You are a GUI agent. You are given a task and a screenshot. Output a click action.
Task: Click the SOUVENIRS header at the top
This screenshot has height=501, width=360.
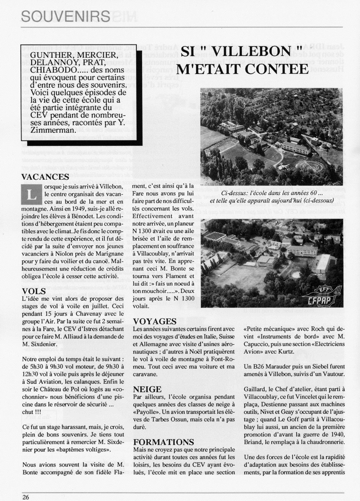(x=65, y=16)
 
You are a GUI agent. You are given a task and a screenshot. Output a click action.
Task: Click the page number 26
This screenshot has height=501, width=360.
(x=26, y=497)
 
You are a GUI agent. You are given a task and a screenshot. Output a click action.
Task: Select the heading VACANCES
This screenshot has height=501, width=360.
(x=45, y=177)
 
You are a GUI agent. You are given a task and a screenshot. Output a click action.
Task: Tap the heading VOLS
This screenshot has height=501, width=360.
(x=34, y=291)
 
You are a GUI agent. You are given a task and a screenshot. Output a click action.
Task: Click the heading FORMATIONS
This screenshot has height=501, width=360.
(x=163, y=442)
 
